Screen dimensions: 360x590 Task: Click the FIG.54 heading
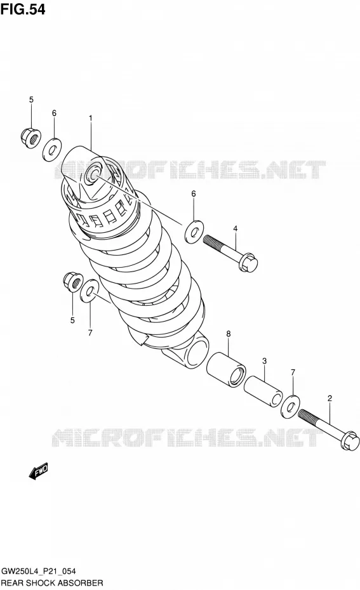23,9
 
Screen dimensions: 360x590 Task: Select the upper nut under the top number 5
31,138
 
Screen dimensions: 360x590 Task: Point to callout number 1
90,118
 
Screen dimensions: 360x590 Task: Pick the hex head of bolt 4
248,262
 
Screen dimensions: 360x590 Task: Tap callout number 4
235,228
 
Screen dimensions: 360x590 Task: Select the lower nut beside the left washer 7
73,282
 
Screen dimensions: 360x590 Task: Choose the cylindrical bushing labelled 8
226,369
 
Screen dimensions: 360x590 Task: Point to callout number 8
228,334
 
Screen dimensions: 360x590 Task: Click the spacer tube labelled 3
263,391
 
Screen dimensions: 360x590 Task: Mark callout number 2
330,398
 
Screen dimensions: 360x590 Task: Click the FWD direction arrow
38,471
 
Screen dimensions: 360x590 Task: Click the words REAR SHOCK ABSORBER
52,583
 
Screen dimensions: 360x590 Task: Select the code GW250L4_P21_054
38,571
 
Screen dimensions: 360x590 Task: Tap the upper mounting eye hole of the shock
93,174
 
